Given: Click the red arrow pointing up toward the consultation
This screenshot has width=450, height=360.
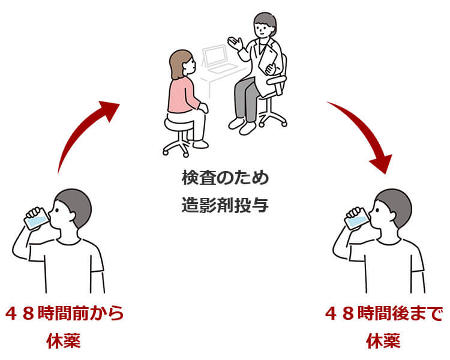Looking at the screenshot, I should click(x=84, y=129).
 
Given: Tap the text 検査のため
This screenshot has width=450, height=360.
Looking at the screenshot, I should click(x=225, y=178).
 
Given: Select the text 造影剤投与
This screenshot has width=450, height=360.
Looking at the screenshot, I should click(x=225, y=204).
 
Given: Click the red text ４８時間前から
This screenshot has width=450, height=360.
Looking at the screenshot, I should click(x=64, y=313).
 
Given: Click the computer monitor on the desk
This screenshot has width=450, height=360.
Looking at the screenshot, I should click(x=214, y=55).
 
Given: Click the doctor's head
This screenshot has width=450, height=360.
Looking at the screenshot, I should click(x=264, y=25).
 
